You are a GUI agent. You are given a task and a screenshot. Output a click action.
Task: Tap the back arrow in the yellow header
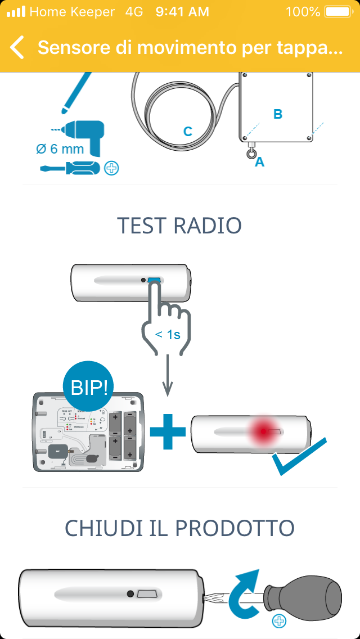17,48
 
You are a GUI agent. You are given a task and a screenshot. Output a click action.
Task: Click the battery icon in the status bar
337,11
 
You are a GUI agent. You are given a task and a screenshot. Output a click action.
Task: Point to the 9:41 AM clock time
182,11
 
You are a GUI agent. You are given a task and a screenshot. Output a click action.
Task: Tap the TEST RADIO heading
179,225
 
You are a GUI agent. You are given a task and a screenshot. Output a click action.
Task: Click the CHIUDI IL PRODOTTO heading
179,528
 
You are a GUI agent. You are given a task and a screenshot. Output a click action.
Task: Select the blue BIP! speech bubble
92,388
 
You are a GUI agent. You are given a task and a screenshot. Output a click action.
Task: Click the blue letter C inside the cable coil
188,132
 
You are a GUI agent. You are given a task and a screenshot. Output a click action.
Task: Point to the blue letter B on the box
277,114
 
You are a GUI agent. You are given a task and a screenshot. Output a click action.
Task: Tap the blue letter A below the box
259,163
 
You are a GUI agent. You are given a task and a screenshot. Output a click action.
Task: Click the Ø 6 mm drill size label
60,149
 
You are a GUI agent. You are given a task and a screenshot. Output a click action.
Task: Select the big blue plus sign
167,433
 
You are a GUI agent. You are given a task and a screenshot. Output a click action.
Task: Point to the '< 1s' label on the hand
168,335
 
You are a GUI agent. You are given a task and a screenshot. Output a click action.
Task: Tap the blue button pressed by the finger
154,280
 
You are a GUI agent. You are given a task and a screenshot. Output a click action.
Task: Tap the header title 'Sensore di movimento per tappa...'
190,48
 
